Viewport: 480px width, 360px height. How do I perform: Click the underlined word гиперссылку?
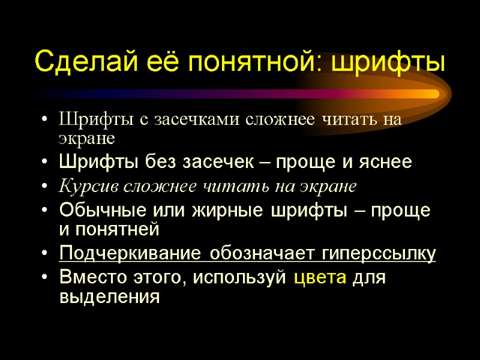(376, 254)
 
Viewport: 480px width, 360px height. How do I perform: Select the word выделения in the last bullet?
(110, 296)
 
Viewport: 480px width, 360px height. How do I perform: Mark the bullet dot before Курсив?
(47, 187)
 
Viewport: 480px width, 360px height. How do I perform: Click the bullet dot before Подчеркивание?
(47, 254)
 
